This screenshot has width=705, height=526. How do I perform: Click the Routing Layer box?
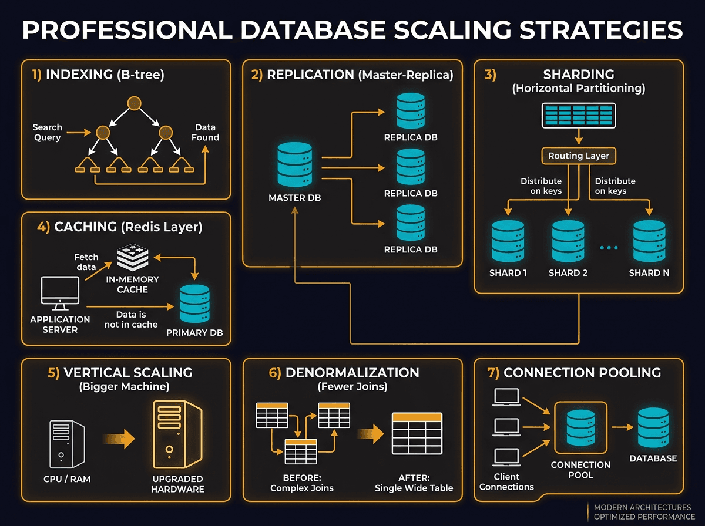(579, 156)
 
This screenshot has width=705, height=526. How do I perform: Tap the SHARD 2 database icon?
(568, 241)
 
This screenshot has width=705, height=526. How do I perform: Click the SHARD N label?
(649, 273)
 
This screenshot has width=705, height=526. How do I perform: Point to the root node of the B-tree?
(135, 104)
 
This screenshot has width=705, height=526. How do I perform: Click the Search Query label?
(47, 132)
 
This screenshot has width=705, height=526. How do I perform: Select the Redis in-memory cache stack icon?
(133, 257)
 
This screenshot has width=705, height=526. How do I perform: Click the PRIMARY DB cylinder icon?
(195, 304)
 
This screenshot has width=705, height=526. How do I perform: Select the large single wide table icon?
(417, 433)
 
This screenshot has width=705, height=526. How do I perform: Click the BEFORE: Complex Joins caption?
(301, 483)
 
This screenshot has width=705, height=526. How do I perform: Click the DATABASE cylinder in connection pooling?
(653, 429)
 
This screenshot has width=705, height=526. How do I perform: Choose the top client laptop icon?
(506, 397)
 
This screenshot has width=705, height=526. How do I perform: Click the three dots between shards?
(609, 248)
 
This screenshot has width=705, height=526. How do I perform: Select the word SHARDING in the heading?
(578, 75)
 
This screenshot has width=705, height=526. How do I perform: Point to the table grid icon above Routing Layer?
(578, 115)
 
